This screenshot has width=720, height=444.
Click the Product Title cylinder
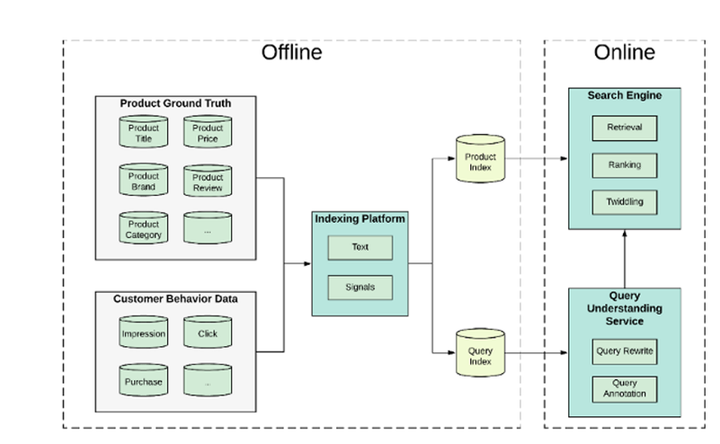(143, 132)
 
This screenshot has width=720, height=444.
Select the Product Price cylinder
(208, 132)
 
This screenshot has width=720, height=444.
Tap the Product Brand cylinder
(143, 180)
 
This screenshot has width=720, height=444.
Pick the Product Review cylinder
(208, 181)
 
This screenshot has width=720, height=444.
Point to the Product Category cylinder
(143, 227)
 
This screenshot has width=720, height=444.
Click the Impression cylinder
(143, 332)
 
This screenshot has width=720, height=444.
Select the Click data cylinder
(208, 332)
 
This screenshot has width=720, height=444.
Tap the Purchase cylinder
(143, 380)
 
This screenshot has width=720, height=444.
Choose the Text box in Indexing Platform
(360, 248)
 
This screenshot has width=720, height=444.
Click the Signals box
(360, 288)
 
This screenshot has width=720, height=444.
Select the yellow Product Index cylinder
(480, 159)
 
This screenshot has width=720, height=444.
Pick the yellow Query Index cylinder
(480, 353)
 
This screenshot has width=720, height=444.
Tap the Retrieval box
(625, 129)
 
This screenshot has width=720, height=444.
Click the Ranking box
(625, 165)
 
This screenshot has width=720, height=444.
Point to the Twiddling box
(625, 202)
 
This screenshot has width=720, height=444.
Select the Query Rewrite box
(625, 351)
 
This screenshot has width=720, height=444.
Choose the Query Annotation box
(625, 389)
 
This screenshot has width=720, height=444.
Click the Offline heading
(291, 52)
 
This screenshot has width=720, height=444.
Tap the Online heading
(625, 52)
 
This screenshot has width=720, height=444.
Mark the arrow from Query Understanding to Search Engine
(625, 259)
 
